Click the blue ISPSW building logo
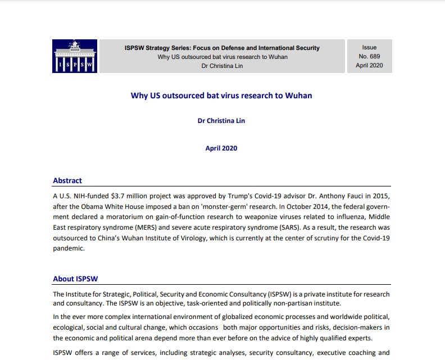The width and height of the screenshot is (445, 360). point(75,56)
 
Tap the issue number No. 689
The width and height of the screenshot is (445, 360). point(369,56)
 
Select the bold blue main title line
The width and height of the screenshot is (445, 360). point(221,95)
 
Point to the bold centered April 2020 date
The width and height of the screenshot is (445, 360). point(221,148)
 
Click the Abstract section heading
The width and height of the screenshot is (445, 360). point(67,181)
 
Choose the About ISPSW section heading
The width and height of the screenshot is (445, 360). point(77,279)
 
